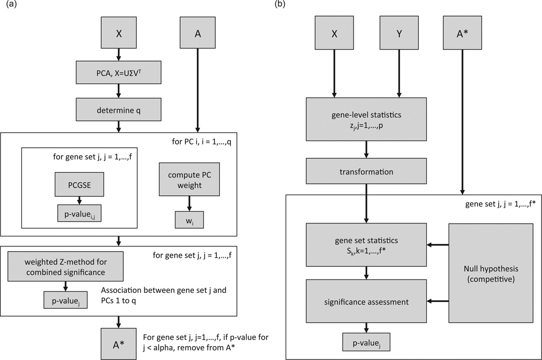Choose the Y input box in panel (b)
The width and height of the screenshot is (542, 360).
point(398,32)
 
